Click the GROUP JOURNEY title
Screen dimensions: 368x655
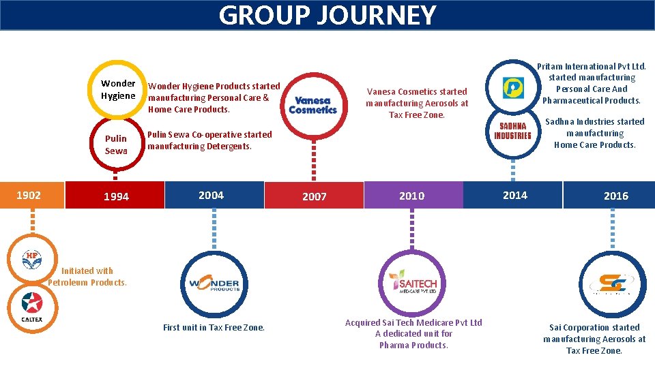click(x=327, y=15)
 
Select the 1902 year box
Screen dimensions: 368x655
click(x=29, y=195)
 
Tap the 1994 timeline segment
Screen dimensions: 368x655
click(x=116, y=196)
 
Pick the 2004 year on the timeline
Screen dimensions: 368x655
click(x=211, y=195)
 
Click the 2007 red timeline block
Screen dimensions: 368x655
click(x=314, y=196)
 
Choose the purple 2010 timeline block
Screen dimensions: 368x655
click(x=411, y=196)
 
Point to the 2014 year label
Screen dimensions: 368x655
click(x=514, y=195)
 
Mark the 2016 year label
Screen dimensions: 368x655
click(x=615, y=196)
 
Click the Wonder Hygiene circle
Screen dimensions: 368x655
click(x=118, y=89)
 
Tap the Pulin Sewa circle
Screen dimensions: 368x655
click(x=116, y=144)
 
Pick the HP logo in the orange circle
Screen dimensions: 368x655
click(x=31, y=260)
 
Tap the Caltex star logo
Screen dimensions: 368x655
click(x=31, y=307)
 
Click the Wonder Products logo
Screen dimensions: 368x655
click(x=214, y=283)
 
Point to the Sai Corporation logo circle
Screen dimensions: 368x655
click(x=612, y=283)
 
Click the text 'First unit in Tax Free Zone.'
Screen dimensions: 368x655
click(x=214, y=328)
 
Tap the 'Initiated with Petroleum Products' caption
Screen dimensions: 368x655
click(x=87, y=277)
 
